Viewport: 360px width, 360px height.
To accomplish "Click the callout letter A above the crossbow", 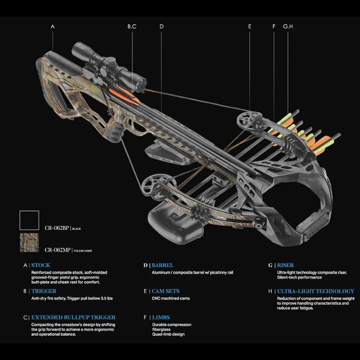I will [53, 27].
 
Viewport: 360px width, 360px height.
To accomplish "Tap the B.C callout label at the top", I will [132, 27].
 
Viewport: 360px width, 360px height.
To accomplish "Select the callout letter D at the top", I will [161, 27].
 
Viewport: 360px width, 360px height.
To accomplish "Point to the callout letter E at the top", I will [250, 27].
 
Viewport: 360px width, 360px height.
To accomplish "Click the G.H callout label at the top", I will [288, 27].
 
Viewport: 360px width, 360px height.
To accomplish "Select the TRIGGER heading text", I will [44, 291].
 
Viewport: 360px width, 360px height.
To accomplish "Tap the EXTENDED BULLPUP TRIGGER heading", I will [73, 317].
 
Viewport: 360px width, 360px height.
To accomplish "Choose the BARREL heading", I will [162, 265].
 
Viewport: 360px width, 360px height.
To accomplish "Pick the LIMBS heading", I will [161, 317].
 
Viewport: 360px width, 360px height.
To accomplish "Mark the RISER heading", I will [285, 265].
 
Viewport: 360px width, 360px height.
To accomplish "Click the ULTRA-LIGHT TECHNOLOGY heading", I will [315, 291].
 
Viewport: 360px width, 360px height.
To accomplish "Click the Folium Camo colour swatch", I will [29, 243].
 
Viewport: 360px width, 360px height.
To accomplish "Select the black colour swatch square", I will [29, 220].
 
